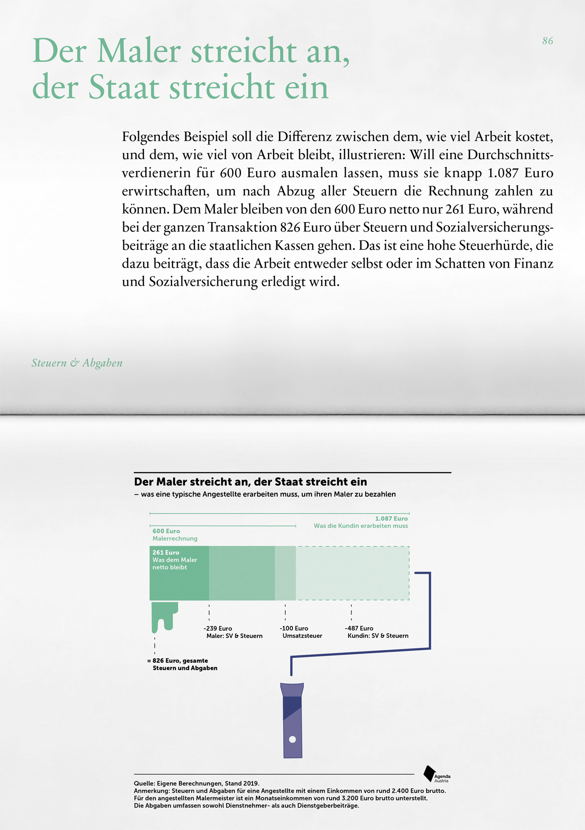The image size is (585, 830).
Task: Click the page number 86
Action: (547, 41)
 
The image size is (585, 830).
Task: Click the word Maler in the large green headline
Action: (139, 51)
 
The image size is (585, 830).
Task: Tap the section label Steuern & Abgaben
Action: (77, 363)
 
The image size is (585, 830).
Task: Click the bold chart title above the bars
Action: (250, 482)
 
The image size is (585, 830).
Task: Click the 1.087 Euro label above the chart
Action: (391, 519)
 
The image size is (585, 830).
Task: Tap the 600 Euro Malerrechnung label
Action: (175, 535)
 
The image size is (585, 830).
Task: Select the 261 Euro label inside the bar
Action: (166, 553)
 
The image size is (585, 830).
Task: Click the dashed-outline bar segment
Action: (352, 573)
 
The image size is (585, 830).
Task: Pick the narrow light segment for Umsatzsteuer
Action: (285, 573)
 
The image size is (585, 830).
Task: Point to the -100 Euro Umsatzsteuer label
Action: (301, 632)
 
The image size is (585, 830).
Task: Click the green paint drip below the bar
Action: (163, 615)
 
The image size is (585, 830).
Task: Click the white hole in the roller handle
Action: (292, 739)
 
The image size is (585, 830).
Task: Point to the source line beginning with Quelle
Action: (196, 784)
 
